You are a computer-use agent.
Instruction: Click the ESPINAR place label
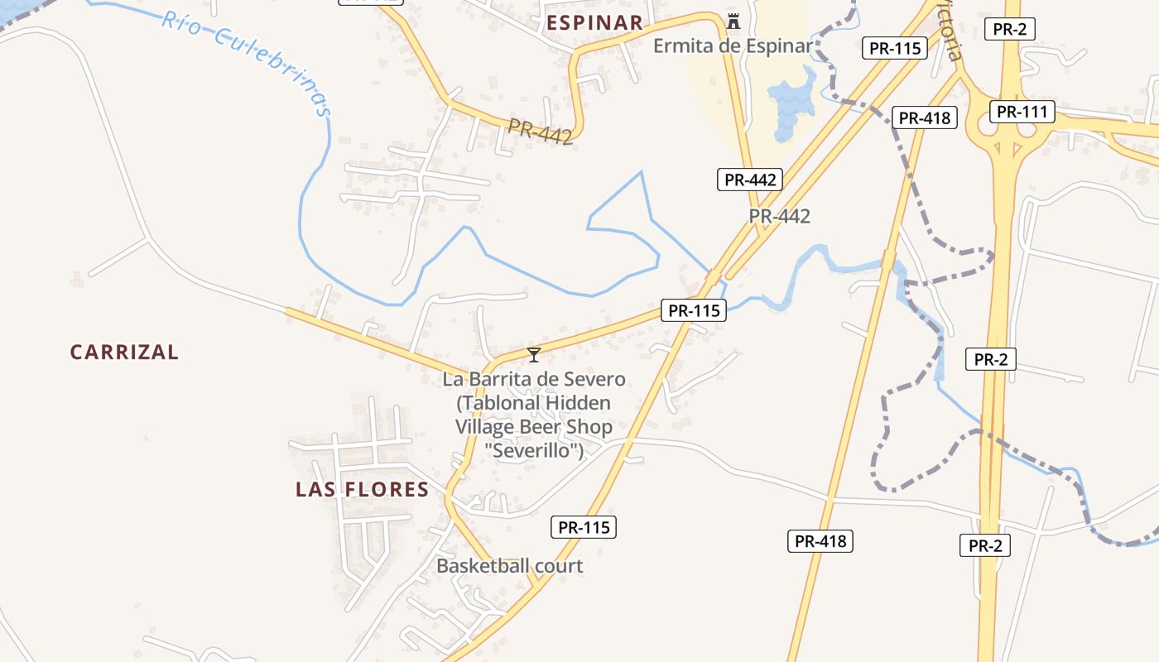(x=595, y=22)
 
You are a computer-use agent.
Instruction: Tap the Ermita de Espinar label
(x=733, y=46)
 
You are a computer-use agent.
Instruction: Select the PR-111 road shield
(x=1022, y=112)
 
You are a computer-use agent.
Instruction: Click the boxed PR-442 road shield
(x=749, y=179)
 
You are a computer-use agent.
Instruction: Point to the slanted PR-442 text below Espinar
(x=540, y=132)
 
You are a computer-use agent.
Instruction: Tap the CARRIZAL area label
(x=124, y=352)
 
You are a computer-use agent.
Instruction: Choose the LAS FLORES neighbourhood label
(x=363, y=489)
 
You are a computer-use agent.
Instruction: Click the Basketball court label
(x=509, y=566)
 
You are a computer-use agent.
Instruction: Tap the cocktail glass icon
(x=534, y=355)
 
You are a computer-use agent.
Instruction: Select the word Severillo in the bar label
(x=534, y=451)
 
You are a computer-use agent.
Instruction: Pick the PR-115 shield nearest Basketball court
(x=584, y=526)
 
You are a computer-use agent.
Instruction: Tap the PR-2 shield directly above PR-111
(x=1010, y=29)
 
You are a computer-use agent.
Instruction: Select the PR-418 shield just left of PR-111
(x=925, y=118)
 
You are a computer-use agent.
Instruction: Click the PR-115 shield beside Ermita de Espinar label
(x=895, y=48)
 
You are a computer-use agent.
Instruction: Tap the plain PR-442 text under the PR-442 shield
(x=779, y=216)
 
